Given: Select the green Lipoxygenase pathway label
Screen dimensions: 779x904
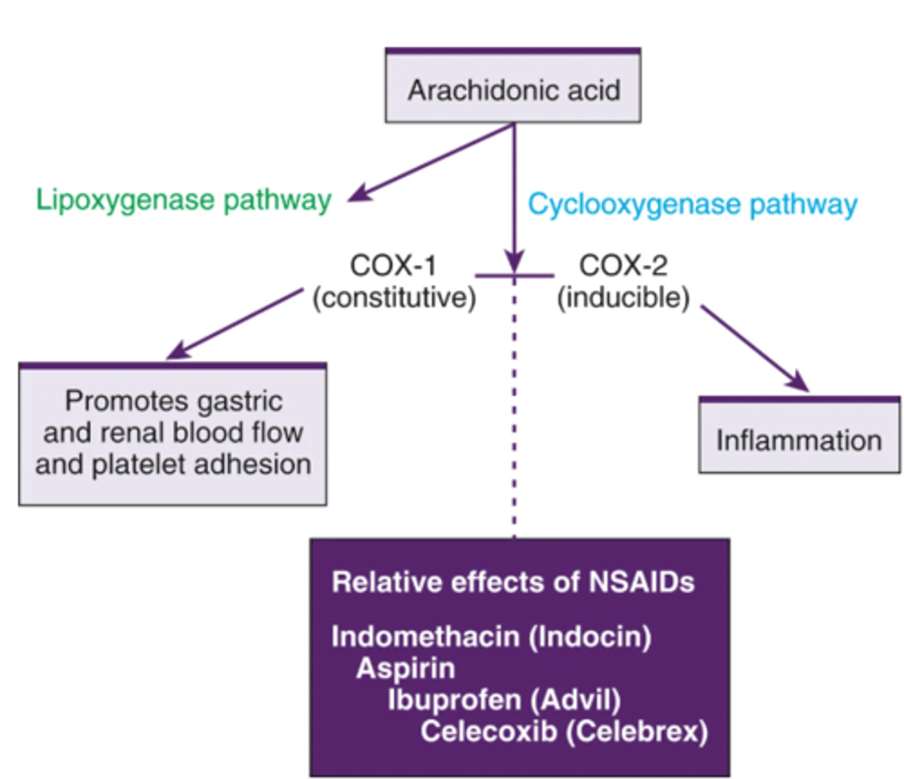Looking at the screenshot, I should click(183, 199).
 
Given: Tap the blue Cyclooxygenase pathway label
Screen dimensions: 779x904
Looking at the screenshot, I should click(692, 204).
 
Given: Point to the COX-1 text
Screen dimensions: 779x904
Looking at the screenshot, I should click(393, 266).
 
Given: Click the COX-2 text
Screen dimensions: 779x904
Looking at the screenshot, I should click(623, 266).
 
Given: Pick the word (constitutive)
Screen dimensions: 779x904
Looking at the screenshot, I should click(394, 298).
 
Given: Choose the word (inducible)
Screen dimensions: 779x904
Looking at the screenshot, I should click(623, 298).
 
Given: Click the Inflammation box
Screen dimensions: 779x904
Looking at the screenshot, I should click(799, 439).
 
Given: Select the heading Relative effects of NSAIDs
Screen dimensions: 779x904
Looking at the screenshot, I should click(512, 582).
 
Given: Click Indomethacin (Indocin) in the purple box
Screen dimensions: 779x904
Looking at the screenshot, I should click(491, 636).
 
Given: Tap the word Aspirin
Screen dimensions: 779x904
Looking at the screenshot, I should click(406, 669).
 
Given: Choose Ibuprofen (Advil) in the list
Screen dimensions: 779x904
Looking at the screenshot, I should click(504, 700).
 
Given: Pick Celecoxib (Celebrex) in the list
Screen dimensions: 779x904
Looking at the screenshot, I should click(564, 732).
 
